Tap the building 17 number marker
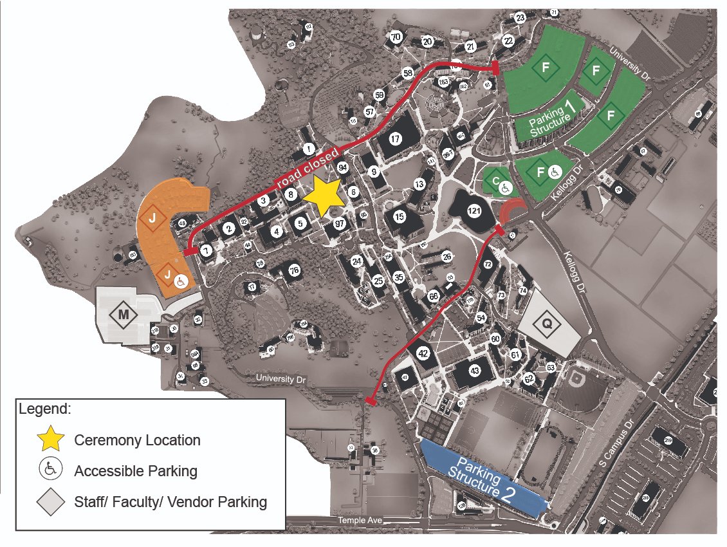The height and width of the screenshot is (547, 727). (x=395, y=138)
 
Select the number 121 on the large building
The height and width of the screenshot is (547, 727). (x=475, y=210)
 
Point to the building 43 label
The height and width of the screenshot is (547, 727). (x=475, y=371)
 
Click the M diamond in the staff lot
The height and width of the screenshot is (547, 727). (x=124, y=315)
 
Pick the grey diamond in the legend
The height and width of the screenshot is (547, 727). (x=51, y=501)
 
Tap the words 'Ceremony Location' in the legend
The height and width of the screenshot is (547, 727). (x=138, y=440)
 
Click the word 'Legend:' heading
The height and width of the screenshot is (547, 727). (x=45, y=409)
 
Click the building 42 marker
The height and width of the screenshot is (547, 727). (x=423, y=353)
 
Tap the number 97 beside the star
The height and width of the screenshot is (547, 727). (x=340, y=223)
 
